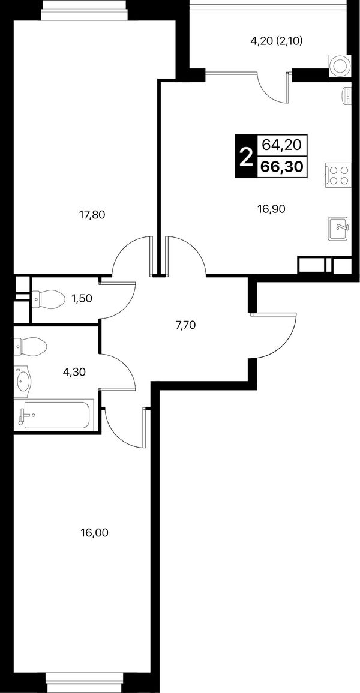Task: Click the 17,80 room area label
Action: (93, 215)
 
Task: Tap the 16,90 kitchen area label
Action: (272, 209)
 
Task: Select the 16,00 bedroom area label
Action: (94, 533)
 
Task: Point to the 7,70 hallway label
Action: (185, 326)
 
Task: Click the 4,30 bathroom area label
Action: (74, 371)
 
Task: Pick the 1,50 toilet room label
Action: (82, 298)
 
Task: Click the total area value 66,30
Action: (282, 167)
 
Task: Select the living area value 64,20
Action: (281, 144)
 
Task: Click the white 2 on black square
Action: (245, 157)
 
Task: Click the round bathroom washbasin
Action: (22, 379)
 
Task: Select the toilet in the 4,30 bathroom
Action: (29, 346)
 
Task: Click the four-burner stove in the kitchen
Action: (338, 175)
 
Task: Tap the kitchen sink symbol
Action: (339, 229)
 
